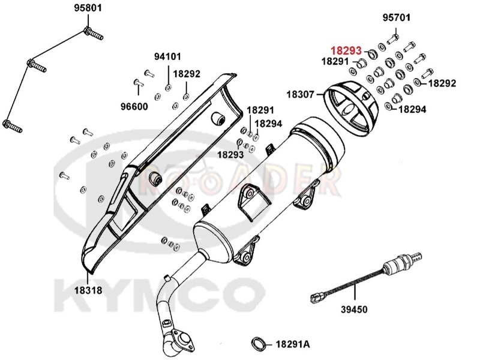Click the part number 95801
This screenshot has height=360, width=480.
[x=88, y=8]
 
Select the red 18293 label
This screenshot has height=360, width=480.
[x=346, y=50]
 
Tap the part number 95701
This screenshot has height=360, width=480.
[x=397, y=18]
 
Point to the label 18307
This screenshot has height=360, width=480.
[x=301, y=94]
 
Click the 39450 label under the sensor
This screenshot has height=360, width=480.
[x=354, y=309]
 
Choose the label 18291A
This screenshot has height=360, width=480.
[x=293, y=344]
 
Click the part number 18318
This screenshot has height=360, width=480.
[x=88, y=290]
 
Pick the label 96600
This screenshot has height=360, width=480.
[x=134, y=107]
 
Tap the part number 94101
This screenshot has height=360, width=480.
[x=167, y=56]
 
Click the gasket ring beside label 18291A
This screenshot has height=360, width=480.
[x=259, y=343]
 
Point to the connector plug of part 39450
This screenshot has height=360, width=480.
[x=316, y=298]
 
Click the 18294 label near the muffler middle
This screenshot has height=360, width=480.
[x=268, y=124]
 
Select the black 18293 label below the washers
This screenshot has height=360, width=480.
[x=230, y=155]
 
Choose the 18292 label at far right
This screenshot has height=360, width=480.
[x=442, y=83]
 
